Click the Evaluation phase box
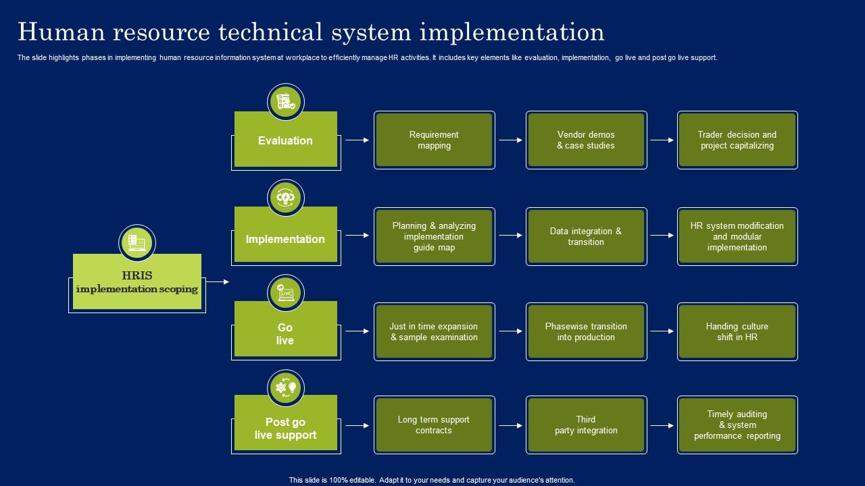pyautogui.click(x=285, y=140)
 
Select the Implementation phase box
pyautogui.click(x=285, y=239)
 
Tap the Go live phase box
pyautogui.click(x=285, y=333)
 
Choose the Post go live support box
pyautogui.click(x=285, y=428)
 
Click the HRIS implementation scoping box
pyautogui.click(x=137, y=282)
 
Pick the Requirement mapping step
pyautogui.click(x=434, y=140)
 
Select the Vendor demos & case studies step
pyautogui.click(x=586, y=140)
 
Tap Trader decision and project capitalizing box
pyautogui.click(x=737, y=140)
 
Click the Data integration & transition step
pyautogui.click(x=586, y=236)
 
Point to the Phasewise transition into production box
pyautogui.click(x=586, y=331)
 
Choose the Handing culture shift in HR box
pyautogui.click(x=737, y=331)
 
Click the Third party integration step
pyautogui.click(x=586, y=425)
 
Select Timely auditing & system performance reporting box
pyautogui.click(x=737, y=425)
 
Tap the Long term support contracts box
pyautogui.click(x=434, y=425)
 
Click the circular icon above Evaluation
pyautogui.click(x=286, y=102)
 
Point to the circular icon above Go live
pyautogui.click(x=286, y=293)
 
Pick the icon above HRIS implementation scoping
pyautogui.click(x=137, y=242)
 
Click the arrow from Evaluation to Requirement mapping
pyautogui.click(x=357, y=140)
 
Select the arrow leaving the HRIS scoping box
pyautogui.click(x=217, y=281)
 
